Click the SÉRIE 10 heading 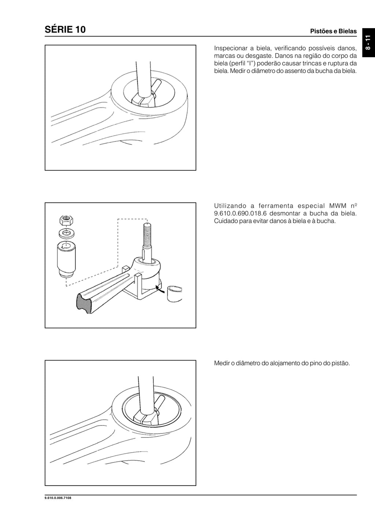tap(65, 29)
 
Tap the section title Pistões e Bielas tap(333, 31)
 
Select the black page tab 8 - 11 tap(368, 43)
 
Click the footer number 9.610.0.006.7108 tap(58, 498)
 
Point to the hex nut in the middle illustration tap(66, 220)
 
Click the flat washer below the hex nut tap(66, 233)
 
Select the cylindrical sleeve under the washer tap(66, 259)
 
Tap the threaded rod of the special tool tap(147, 235)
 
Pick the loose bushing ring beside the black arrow tap(174, 294)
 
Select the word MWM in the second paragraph tap(338, 206)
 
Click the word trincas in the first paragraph tap(307, 63)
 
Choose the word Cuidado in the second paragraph tap(226, 221)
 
